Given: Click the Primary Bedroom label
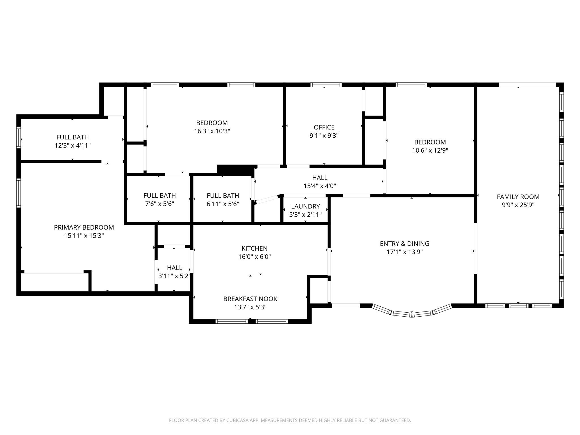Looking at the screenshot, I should click(x=84, y=227).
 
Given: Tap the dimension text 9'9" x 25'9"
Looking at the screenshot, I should click(x=518, y=205).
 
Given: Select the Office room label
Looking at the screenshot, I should click(x=324, y=127).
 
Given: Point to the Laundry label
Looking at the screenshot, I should click(x=305, y=206).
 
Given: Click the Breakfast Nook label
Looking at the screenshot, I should click(x=250, y=299).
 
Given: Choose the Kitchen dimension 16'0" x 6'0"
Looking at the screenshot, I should click(x=254, y=257).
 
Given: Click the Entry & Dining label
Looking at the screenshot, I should click(x=404, y=244).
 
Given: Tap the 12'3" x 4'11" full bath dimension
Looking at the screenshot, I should click(x=72, y=146).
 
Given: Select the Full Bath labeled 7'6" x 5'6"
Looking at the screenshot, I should click(x=159, y=196).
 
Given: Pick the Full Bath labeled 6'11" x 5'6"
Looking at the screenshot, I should click(x=223, y=196).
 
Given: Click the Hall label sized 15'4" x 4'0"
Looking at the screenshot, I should click(x=320, y=178).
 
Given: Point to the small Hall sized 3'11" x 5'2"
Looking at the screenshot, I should click(x=174, y=268).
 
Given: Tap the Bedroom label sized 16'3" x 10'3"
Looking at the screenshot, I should click(x=212, y=123).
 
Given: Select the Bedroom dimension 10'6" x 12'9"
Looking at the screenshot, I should click(x=430, y=150).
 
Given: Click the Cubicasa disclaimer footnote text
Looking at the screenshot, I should click(x=290, y=420).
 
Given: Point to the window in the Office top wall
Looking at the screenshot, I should click(x=326, y=85).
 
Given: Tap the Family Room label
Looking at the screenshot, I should click(x=518, y=197).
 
